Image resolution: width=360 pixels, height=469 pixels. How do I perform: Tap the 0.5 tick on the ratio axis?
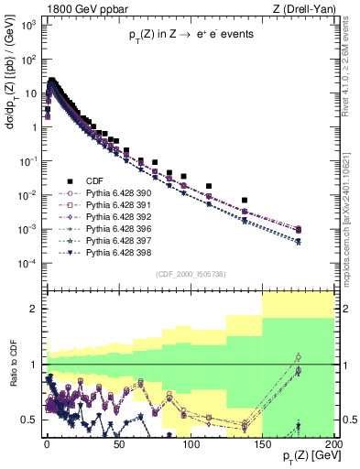click(x=31, y=420)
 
